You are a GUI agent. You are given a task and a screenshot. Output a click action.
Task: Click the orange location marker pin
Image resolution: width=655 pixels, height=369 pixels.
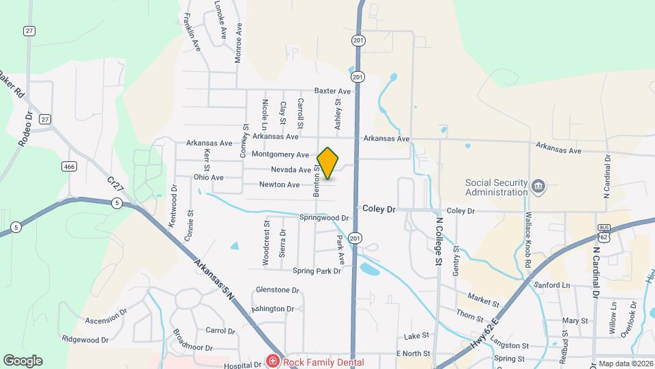click(x=328, y=163)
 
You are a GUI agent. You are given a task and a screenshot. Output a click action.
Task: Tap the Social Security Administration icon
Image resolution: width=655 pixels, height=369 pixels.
click(x=538, y=186)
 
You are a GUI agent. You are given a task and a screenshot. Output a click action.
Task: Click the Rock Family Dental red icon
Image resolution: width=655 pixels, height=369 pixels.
click(x=272, y=361)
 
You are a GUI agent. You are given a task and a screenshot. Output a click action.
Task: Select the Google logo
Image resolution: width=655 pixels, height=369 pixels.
click(x=23, y=360)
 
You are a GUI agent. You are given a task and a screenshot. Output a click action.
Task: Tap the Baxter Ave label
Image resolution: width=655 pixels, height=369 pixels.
click(x=332, y=91)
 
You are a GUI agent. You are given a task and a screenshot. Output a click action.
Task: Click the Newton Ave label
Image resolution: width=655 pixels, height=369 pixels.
click(x=279, y=184)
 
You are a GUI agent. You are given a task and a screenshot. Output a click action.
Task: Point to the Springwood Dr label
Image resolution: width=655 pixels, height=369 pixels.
click(x=324, y=218)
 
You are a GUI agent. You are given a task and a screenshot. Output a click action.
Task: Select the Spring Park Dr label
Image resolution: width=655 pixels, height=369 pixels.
click(x=316, y=271)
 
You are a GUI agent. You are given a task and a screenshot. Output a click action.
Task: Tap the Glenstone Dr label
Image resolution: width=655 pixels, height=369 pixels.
click(x=277, y=290)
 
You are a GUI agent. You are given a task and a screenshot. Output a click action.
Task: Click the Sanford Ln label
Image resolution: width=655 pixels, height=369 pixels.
click(x=553, y=285)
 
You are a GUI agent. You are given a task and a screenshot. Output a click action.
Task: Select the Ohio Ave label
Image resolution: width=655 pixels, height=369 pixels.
click(x=208, y=178)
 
